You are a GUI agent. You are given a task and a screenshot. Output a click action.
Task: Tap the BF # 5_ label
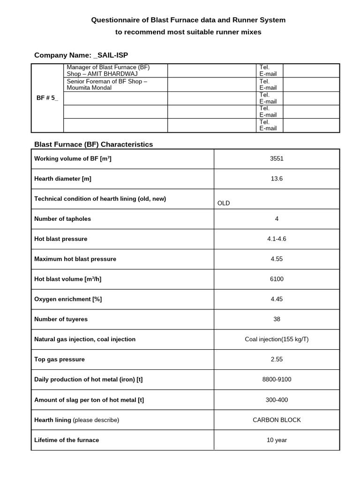pyautogui.click(x=47, y=98)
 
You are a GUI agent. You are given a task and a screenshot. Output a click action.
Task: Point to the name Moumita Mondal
pyautogui.click(x=90, y=88)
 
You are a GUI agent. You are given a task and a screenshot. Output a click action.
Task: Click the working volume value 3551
pyautogui.click(x=277, y=158)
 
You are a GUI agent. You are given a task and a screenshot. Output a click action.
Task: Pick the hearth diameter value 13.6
pyautogui.click(x=277, y=179)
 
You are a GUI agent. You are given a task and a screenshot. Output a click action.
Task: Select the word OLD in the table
pyautogui.click(x=224, y=203)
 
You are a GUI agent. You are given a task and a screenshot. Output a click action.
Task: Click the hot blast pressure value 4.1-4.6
pyautogui.click(x=277, y=239)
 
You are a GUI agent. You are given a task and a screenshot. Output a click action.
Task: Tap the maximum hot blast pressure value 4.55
pyautogui.click(x=277, y=259)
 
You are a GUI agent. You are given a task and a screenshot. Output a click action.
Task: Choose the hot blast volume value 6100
pyautogui.click(x=277, y=279)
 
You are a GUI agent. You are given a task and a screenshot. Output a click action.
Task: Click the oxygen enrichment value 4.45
pyautogui.click(x=277, y=299)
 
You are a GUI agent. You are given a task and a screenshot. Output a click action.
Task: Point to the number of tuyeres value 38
pyautogui.click(x=277, y=319)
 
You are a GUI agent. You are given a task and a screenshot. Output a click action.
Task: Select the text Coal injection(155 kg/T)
pyautogui.click(x=277, y=339)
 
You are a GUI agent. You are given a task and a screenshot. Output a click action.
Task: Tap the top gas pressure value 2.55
pyautogui.click(x=277, y=360)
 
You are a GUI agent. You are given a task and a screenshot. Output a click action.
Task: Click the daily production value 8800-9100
pyautogui.click(x=277, y=379)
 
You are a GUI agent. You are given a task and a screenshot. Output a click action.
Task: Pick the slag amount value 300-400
pyautogui.click(x=277, y=400)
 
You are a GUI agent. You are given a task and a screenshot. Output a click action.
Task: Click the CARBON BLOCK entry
pyautogui.click(x=277, y=420)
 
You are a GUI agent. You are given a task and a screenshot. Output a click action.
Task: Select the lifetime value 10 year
pyautogui.click(x=277, y=440)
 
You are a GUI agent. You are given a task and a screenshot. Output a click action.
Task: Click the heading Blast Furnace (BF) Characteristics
pyautogui.click(x=94, y=144)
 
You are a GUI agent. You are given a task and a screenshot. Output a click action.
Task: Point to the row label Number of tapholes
pyautogui.click(x=63, y=219)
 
